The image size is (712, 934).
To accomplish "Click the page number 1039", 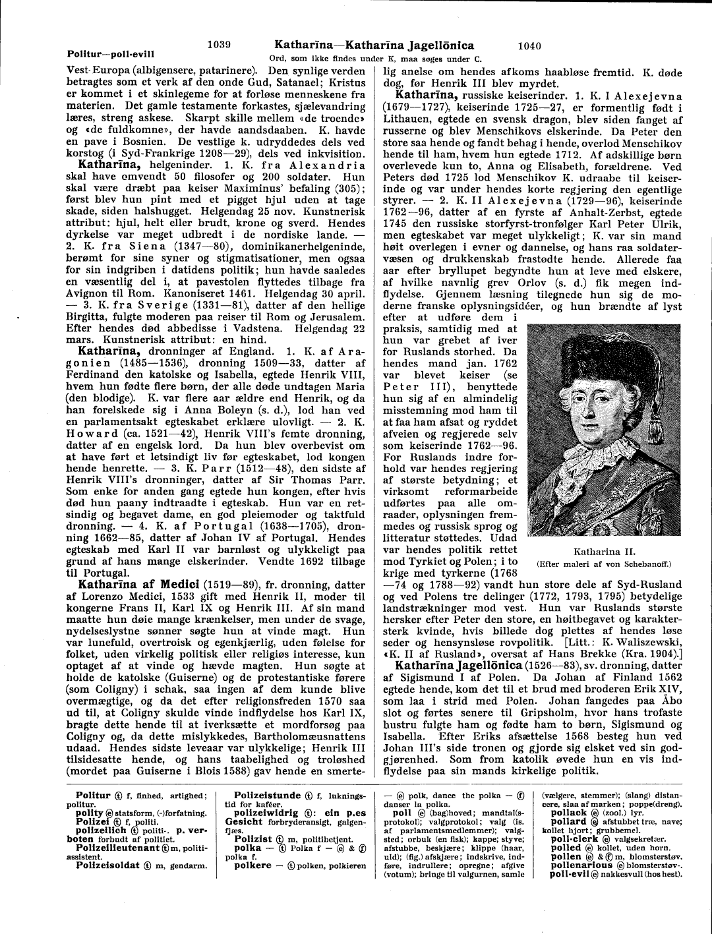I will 218,45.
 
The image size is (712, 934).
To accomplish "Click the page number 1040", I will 529,45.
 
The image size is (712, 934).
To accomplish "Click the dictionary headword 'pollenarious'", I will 581,864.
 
